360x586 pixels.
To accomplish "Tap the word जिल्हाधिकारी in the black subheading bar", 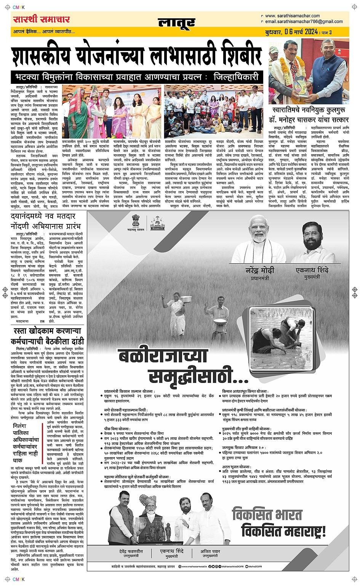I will (236, 77).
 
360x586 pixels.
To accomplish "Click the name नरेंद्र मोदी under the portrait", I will (260, 270).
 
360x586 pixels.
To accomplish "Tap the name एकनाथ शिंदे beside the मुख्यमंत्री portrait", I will (312, 270).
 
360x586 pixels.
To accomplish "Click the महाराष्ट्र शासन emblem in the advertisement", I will (136, 222).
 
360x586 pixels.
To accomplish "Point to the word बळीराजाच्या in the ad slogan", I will (163, 356).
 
